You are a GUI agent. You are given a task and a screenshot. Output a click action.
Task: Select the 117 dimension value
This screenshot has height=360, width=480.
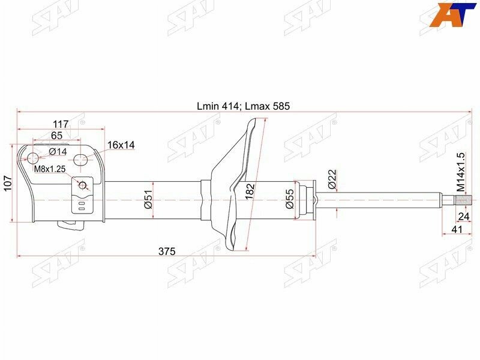click(x=61, y=124)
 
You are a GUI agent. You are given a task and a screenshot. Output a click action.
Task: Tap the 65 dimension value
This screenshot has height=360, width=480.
click(x=56, y=135)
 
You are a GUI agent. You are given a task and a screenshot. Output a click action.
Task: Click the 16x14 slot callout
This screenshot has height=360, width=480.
click(x=121, y=145)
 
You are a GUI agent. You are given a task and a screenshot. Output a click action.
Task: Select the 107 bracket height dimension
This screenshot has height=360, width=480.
click(x=7, y=182)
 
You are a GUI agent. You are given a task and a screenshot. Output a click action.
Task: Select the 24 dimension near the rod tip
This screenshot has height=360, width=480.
click(x=463, y=217)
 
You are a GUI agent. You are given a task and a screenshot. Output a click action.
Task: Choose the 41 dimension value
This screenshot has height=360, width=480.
click(x=458, y=230)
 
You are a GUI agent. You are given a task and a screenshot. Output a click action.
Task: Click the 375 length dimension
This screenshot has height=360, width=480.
click(x=167, y=251)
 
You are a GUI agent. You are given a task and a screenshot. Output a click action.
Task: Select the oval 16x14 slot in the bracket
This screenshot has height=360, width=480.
click(x=81, y=160)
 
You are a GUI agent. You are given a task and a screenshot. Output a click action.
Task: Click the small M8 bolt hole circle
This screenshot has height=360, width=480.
click(x=83, y=185)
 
